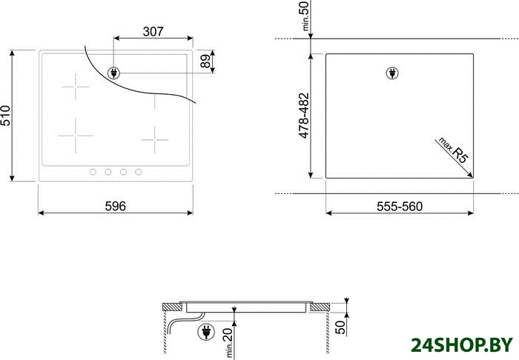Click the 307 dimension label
click(153, 31)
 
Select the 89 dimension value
click(205, 61)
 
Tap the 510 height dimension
click(6, 116)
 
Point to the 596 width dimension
click(116, 206)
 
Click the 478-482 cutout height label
click(303, 116)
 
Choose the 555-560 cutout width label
click(400, 207)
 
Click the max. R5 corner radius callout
click(453, 150)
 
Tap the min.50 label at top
click(305, 16)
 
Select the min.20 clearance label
click(228, 343)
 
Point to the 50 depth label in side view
click(340, 327)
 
